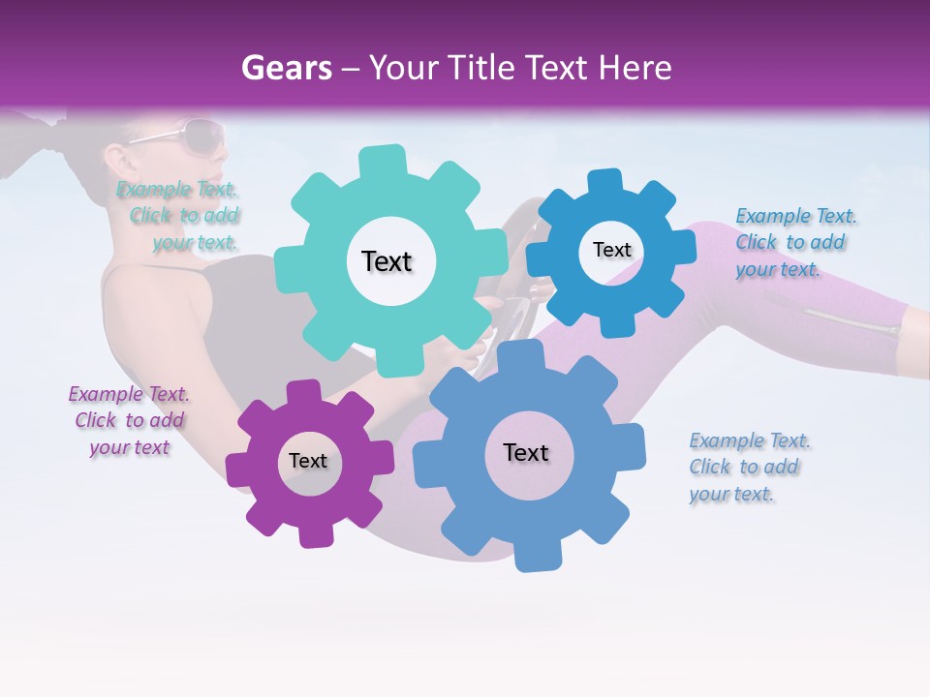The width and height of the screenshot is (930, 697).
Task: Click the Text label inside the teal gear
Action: (x=387, y=261)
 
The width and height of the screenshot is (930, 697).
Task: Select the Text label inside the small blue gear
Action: (x=611, y=250)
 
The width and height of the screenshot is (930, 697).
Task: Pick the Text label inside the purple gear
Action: (x=308, y=461)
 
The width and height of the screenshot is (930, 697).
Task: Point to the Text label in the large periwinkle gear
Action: (x=525, y=452)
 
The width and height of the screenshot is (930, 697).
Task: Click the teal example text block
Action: (x=178, y=216)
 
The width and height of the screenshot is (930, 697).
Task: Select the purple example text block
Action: (x=129, y=420)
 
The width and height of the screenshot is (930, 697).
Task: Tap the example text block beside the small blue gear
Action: (x=795, y=242)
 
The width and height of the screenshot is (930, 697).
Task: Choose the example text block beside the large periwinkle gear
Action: (x=750, y=467)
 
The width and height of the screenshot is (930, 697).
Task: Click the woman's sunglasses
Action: (x=194, y=135)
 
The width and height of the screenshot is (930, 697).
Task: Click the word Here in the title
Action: (x=636, y=69)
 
